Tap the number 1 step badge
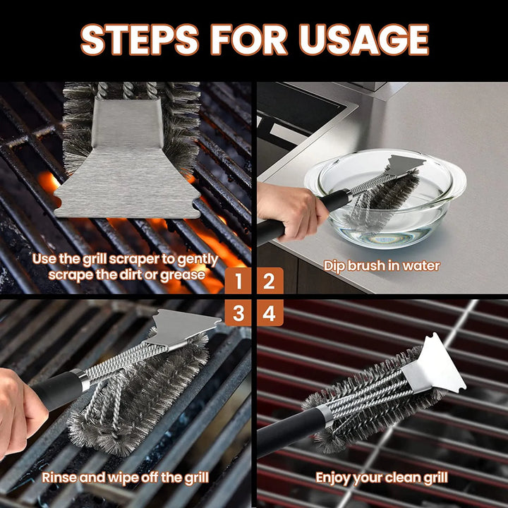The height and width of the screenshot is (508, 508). (238, 282)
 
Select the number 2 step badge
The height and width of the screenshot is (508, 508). (270, 282)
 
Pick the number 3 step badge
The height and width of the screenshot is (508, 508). (238, 313)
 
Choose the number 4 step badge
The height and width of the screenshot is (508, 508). (270, 313)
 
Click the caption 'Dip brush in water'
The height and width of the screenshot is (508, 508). (382, 266)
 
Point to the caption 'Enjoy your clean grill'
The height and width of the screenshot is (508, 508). (382, 478)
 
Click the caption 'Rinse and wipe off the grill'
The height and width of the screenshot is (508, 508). (125, 478)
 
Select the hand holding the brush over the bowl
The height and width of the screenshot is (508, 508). (286, 208)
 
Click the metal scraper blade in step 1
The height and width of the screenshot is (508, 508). (127, 169)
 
